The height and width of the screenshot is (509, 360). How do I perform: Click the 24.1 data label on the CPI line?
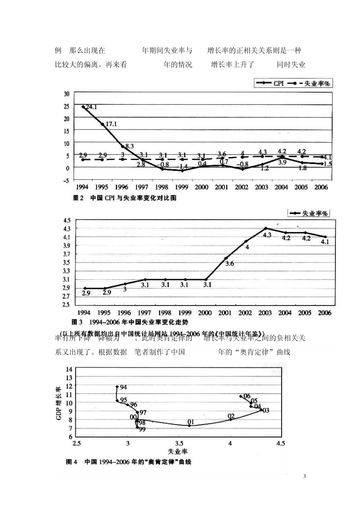pos(91,108)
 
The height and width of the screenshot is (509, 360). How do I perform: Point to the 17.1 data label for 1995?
pos(111,124)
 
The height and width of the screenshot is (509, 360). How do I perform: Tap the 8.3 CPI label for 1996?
pos(129,146)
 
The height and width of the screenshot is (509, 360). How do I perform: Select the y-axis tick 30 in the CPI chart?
pos(67,94)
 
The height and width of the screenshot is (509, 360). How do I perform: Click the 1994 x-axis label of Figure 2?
pos(82,187)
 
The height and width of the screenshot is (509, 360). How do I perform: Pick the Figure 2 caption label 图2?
pos(78,198)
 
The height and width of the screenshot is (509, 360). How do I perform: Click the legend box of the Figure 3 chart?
pos(308,214)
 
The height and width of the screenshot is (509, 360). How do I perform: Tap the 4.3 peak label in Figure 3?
pos(267,235)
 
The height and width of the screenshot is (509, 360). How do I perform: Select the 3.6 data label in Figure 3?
pos(230,264)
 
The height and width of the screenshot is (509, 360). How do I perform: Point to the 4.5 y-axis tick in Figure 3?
pos(67,220)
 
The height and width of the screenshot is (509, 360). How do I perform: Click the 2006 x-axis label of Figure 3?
pos(324,313)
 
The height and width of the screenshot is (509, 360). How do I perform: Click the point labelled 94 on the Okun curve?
pos(117,387)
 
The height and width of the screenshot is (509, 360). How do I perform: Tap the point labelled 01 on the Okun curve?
pos(189,425)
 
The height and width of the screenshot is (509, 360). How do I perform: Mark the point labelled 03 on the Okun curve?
pos(261,409)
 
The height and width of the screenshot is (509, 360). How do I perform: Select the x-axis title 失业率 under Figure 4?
pos(178,451)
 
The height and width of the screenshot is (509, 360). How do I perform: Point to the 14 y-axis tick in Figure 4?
pos(69,369)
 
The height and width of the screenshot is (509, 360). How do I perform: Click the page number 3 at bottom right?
pos(305,476)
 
